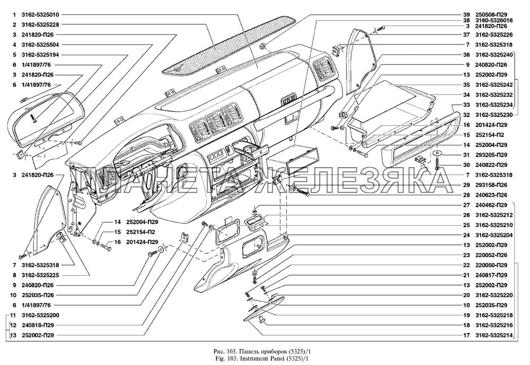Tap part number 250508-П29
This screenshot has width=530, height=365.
point(494,14)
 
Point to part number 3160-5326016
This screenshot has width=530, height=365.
point(494,20)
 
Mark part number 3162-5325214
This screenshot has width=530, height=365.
point(494,335)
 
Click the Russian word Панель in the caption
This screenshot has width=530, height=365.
point(235,351)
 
